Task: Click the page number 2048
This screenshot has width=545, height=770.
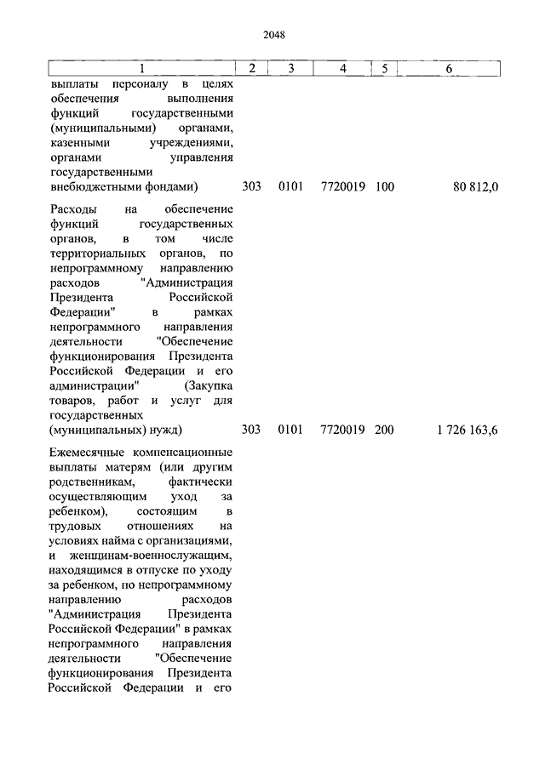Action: [x=273, y=35]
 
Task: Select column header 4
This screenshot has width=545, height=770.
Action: [x=342, y=69]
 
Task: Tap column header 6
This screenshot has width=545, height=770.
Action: [x=449, y=69]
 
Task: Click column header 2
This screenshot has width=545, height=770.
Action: [x=251, y=69]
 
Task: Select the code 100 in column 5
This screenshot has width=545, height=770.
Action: [x=384, y=185]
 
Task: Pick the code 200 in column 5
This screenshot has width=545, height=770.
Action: [x=384, y=431]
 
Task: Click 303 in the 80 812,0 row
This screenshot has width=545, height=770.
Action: [x=251, y=185]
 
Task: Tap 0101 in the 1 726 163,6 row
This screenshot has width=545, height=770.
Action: [x=290, y=431]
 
